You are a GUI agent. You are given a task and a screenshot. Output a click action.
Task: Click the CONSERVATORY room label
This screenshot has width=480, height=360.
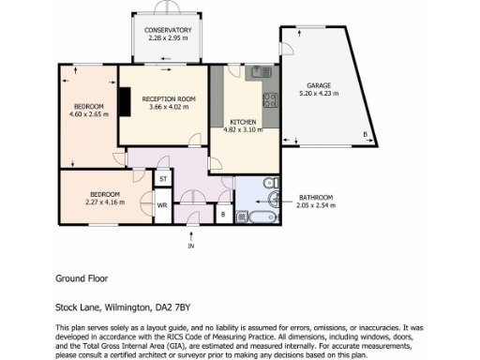[x=168, y=30]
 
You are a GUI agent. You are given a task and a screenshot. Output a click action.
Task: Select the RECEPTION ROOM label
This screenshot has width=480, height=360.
[x=169, y=98]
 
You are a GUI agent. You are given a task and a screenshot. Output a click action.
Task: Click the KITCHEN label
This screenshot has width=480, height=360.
[x=244, y=122]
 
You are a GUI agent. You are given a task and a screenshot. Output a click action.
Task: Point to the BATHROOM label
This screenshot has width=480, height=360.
[x=315, y=197]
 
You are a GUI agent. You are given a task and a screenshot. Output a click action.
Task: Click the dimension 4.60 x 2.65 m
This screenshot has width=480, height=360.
[x=89, y=114]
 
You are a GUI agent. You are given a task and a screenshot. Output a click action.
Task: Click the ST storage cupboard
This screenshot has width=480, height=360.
[x=162, y=178]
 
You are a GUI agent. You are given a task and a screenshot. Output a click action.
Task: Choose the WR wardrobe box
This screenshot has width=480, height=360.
[x=161, y=204]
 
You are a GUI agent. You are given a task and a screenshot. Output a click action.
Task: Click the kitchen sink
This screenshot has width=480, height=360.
[x=258, y=72]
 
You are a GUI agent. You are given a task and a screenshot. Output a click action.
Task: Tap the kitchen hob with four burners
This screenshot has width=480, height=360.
[x=271, y=97]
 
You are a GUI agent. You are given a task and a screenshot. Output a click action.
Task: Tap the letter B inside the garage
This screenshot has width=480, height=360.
[x=364, y=135]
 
